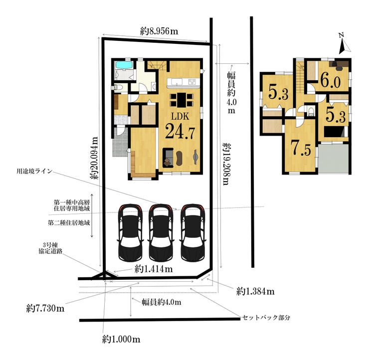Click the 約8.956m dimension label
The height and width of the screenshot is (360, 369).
[x=159, y=31]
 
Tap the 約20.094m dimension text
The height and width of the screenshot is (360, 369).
[x=95, y=158]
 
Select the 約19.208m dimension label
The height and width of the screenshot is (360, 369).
[x=226, y=164]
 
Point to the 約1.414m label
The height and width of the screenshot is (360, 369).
[x=154, y=269]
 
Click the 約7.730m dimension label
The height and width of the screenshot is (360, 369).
[x=45, y=308]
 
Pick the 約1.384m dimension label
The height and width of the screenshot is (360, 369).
[x=255, y=292]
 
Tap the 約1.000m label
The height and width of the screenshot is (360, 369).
[x=121, y=339]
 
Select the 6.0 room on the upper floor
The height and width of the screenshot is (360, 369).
[x=331, y=81]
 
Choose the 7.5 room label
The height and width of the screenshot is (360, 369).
[x=301, y=148]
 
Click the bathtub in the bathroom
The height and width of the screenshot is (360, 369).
[x=125, y=65]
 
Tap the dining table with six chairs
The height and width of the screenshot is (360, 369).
[x=182, y=100]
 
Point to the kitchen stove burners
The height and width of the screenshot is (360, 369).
[x=192, y=82]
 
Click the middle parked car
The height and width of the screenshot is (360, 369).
[x=161, y=232]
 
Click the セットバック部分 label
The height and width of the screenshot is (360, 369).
[x=266, y=318]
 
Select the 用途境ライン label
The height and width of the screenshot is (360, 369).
[x=34, y=171]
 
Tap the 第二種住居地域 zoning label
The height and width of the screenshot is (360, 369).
[x=69, y=222]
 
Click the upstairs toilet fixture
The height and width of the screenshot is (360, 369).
[x=311, y=111]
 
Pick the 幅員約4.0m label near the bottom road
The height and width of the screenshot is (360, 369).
[x=162, y=302]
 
